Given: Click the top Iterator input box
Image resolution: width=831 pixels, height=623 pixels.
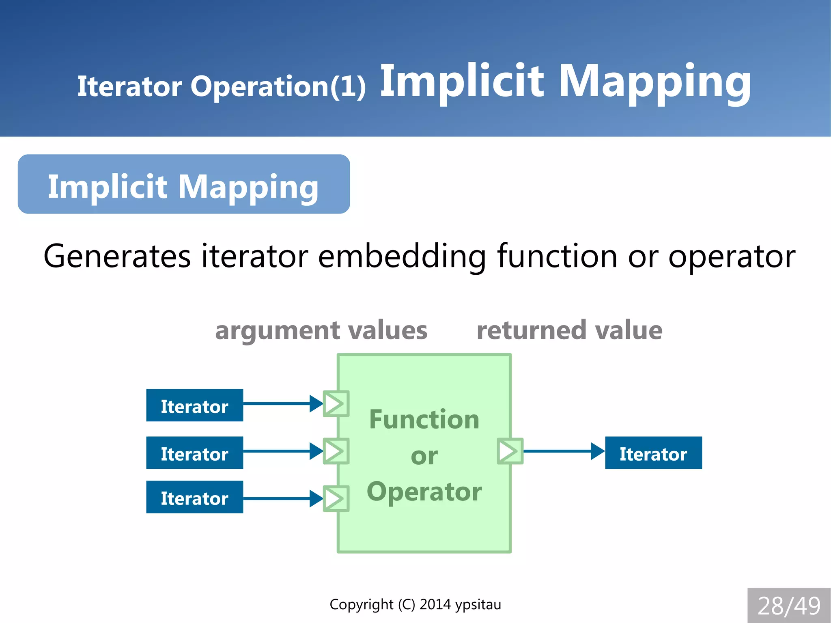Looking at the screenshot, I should [x=194, y=405].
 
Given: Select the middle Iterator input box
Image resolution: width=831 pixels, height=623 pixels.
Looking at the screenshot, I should [x=194, y=453].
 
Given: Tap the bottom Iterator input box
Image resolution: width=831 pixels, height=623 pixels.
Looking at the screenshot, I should [x=194, y=497].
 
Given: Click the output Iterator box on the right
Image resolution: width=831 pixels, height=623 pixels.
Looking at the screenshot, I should [x=653, y=453].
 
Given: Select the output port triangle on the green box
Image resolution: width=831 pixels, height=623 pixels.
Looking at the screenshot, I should [x=510, y=451].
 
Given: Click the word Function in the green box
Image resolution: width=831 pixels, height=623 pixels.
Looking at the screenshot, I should [x=424, y=419].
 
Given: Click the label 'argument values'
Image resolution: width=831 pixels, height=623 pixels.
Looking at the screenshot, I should [x=321, y=330].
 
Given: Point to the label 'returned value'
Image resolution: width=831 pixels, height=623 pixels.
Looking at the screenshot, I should [x=569, y=330].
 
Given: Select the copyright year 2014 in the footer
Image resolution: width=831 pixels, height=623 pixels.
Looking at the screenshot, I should [x=435, y=604].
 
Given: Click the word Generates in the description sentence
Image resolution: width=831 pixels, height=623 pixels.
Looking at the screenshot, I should [x=117, y=257].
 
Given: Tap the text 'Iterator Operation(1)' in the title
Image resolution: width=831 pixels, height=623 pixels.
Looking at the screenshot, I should [x=222, y=86].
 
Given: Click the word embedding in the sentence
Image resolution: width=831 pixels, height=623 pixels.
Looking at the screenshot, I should [x=402, y=257].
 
